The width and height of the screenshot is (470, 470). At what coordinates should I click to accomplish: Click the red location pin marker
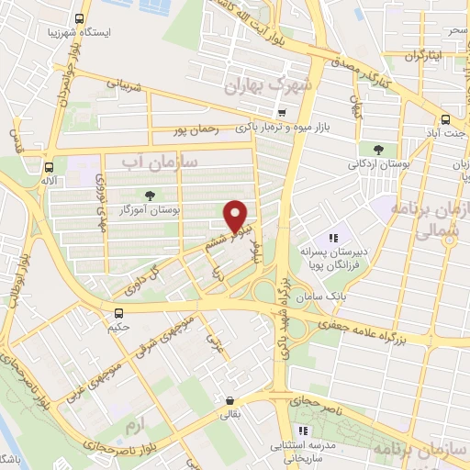click(x=237, y=215)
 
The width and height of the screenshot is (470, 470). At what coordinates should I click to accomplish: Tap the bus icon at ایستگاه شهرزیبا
click(x=80, y=18)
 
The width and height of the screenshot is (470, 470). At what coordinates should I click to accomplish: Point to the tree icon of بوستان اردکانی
click(x=376, y=149)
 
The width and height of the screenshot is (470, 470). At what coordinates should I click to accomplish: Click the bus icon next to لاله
click(x=49, y=167)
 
